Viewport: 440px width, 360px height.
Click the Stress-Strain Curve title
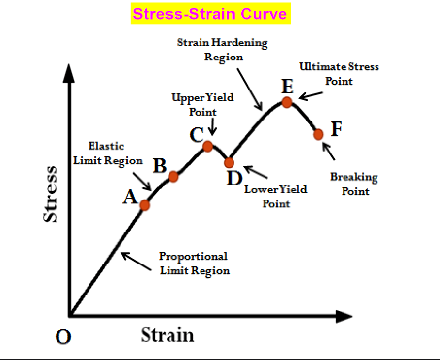210,13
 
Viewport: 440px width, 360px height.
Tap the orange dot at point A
145,205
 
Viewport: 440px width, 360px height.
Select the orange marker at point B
173,177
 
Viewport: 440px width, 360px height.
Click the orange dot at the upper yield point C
208,146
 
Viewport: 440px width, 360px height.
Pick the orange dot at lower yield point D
229,163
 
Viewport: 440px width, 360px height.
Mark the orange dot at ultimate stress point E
287,102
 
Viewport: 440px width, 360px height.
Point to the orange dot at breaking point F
318,134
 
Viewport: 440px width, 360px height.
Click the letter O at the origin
63,337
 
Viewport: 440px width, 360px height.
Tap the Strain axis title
167,335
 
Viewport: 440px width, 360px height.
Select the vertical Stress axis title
51,193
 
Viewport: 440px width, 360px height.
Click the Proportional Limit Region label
194,263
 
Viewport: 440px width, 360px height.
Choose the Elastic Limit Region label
108,153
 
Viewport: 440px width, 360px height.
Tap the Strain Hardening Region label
223,49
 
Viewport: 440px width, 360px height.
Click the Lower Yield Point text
276,196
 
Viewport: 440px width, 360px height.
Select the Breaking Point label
354,184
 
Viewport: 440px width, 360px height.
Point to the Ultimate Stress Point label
339,73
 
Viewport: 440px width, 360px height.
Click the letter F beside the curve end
337,129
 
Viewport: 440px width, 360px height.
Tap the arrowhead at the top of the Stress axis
69,74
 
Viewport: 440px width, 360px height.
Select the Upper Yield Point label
202,105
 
